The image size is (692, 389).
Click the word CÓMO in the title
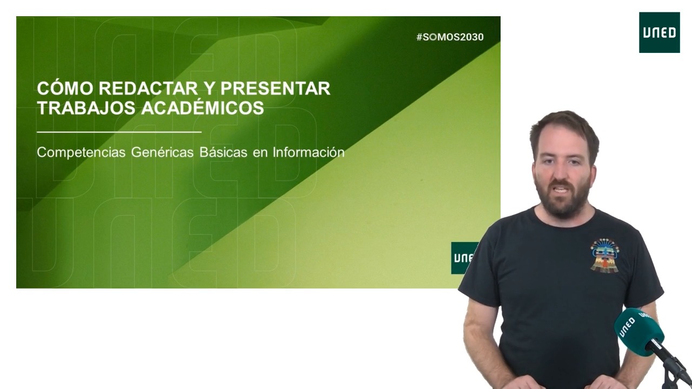[x=65, y=88]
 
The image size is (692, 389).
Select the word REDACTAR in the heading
[x=148, y=89]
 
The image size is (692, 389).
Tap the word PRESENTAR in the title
[x=275, y=89]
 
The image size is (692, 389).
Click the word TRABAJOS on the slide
[x=86, y=108]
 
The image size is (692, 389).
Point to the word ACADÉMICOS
[x=203, y=108]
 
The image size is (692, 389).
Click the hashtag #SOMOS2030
[x=450, y=37]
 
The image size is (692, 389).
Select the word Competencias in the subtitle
[x=81, y=152]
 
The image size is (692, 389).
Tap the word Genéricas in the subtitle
[x=162, y=152]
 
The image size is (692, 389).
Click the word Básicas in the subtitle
[x=223, y=152]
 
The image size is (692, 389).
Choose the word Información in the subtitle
[x=308, y=152]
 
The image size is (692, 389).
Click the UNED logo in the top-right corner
[x=659, y=32]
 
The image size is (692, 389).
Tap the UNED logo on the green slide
[x=463, y=258]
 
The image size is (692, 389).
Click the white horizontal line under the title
[x=119, y=132]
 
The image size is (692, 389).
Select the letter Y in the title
[x=209, y=89]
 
